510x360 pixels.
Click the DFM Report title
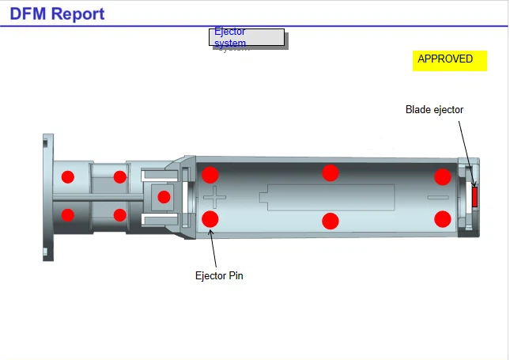tap(57, 13)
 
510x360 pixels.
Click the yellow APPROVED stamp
tap(449, 59)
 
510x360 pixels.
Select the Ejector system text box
tap(246, 37)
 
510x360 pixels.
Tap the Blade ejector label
tap(434, 110)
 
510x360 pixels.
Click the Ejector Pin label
tap(218, 276)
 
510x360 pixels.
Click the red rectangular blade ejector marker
tap(475, 196)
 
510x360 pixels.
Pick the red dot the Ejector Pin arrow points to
tap(210, 218)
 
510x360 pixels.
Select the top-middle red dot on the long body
tap(331, 172)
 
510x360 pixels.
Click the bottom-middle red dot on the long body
tap(331, 221)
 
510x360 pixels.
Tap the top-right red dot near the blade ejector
tap(443, 176)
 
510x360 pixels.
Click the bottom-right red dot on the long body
tap(443, 218)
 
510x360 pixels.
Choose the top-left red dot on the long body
tap(210, 175)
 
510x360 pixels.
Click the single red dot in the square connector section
tap(164, 197)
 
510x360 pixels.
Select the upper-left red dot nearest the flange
tap(68, 176)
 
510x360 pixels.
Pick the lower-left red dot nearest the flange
tap(68, 214)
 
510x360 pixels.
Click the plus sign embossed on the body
tap(214, 197)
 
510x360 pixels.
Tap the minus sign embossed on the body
tap(437, 197)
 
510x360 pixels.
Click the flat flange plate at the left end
tap(48, 196)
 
